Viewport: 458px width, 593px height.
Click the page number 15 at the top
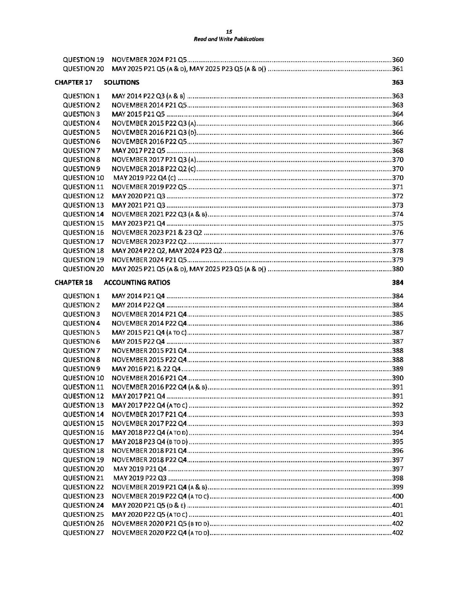[x=229, y=32]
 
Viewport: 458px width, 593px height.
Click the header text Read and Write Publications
[x=229, y=39]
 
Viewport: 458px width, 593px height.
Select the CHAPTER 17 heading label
[x=73, y=83]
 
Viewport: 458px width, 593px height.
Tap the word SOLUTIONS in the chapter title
[x=121, y=83]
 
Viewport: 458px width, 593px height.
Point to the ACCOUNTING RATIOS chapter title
[x=137, y=283]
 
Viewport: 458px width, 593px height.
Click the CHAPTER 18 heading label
[x=73, y=283]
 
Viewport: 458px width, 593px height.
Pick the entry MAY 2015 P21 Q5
[x=138, y=115]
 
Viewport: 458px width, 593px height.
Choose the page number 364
[x=397, y=115]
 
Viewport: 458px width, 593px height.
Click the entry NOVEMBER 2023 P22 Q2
[x=149, y=242]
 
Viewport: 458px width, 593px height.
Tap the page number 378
[x=397, y=251]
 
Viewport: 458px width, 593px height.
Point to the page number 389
[x=397, y=369]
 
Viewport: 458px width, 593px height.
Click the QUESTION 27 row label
[x=83, y=533]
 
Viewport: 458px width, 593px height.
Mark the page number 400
[x=397, y=497]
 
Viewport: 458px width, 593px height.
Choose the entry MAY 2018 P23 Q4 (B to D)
[x=149, y=442]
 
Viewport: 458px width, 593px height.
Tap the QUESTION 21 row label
[x=83, y=478]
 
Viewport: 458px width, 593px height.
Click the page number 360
[x=397, y=60]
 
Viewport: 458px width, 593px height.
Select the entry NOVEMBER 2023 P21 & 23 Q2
[x=157, y=233]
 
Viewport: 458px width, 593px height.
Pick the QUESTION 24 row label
[x=83, y=505]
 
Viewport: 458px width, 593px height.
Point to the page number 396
[x=397, y=451]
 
